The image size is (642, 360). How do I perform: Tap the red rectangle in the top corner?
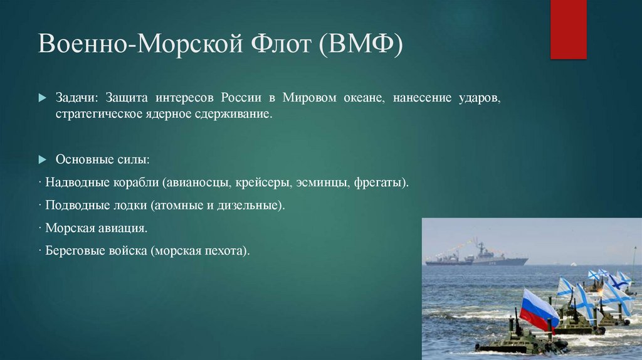point(568,29)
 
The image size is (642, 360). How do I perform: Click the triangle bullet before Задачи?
point(43,99)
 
